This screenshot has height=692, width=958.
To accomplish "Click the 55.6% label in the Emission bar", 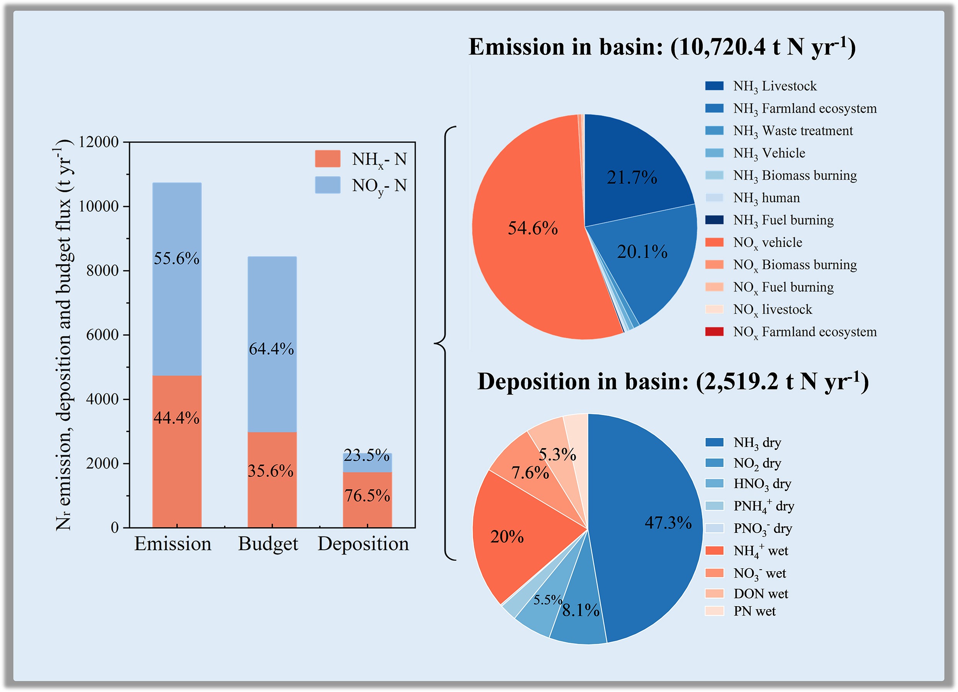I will pos(176,258).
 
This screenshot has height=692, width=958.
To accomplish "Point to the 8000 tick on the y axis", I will pos(103,270).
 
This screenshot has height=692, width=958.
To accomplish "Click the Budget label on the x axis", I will pos(268,544).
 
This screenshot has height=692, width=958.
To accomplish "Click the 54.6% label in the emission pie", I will pos(533,228).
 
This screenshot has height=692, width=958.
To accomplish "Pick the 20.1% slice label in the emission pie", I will pos(642,252).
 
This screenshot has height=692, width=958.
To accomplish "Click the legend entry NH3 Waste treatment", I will pos(792,131).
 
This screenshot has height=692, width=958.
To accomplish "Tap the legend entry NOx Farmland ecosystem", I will pos(804,332).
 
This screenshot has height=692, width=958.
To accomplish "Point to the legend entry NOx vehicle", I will pos(767,243).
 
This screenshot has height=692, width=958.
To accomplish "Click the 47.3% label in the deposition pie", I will pos(668,523).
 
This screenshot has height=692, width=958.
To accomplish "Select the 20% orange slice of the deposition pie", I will pos(515,545).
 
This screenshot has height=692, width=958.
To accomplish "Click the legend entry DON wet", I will pos(760,593).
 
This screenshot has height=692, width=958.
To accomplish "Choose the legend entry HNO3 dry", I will pos(762,484).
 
